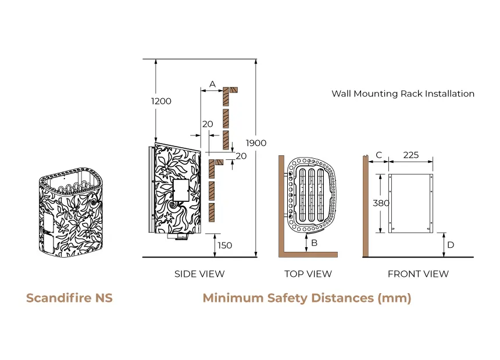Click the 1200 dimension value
(x=161, y=101)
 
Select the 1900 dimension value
(x=256, y=143)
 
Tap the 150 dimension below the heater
(x=224, y=245)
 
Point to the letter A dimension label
(x=212, y=84)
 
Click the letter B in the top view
(x=314, y=243)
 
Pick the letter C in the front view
(x=379, y=155)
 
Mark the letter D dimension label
(x=451, y=245)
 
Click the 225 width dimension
(x=411, y=155)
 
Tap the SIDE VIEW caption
(x=199, y=274)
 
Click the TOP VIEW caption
(x=308, y=274)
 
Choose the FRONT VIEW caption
(x=418, y=274)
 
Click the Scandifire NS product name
(x=69, y=298)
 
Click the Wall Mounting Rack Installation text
(x=403, y=94)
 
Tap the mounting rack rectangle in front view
(x=411, y=202)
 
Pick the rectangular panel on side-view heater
(x=180, y=190)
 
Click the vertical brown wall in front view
(x=365, y=206)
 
